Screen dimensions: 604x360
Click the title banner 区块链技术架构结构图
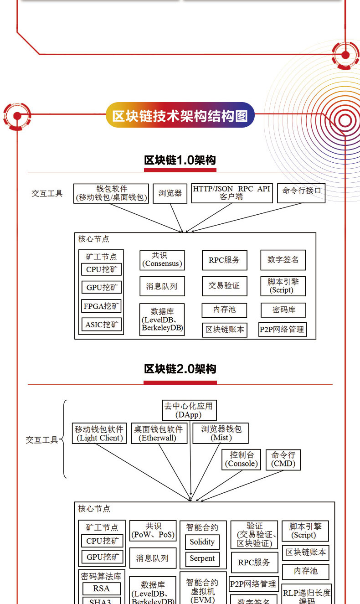180,116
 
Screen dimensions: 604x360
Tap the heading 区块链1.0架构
180,160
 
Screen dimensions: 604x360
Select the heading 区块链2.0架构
180,369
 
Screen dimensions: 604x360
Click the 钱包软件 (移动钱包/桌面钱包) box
111,193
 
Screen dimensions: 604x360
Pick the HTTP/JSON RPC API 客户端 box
231,193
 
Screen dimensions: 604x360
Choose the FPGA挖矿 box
101,306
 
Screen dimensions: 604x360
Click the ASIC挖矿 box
101,325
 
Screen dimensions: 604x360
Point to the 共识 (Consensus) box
162,260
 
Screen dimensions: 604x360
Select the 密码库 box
283,310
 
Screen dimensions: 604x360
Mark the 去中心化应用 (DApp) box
188,410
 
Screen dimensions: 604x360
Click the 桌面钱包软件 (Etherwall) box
158,434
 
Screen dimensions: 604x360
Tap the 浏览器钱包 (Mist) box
221,434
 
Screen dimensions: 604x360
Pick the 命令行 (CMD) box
283,459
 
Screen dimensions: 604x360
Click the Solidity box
202,542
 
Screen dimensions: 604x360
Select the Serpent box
202,559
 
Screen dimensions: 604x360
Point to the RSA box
101,589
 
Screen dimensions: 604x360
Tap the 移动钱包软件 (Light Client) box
99,434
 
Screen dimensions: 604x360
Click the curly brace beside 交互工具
64,439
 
